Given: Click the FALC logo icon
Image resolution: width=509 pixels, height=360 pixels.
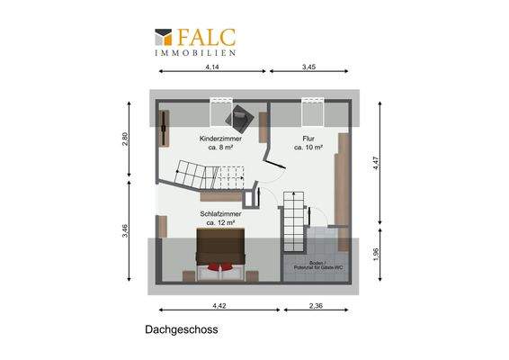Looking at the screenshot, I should [163, 37].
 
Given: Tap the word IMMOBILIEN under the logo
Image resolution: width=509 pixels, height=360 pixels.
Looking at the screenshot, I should [196, 53].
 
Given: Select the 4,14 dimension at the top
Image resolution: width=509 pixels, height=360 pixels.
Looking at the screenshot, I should [212, 67].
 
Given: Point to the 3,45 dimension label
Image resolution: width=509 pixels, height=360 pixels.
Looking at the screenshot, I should [309, 67].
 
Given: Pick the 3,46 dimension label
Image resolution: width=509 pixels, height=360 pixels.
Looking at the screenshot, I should [127, 231].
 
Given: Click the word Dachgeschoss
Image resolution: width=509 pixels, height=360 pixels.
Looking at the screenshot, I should [181, 330].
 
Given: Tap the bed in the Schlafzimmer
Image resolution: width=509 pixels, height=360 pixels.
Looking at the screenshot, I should [221, 248].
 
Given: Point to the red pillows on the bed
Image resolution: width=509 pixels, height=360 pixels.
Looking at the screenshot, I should [220, 266].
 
